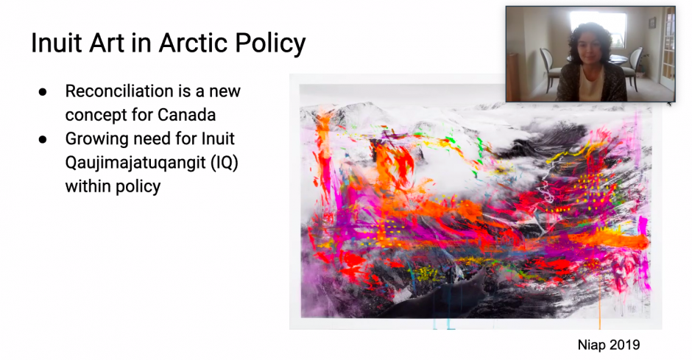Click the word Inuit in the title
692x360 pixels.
[57, 43]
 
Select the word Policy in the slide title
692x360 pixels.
[270, 43]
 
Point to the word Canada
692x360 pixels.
[187, 115]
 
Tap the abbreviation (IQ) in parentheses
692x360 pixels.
[225, 163]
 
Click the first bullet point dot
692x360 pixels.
[43, 92]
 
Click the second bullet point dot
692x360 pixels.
[43, 139]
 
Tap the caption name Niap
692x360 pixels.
[590, 345]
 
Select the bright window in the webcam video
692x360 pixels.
[598, 27]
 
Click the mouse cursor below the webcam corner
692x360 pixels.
[669, 104]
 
